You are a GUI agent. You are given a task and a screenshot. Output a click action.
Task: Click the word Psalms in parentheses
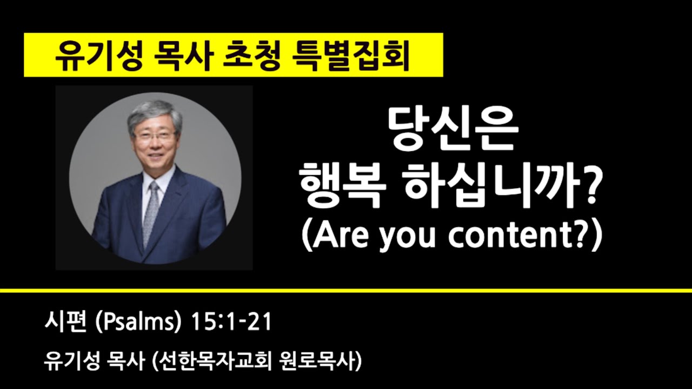(x=137, y=324)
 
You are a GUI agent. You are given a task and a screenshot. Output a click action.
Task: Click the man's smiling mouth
(x=155, y=160)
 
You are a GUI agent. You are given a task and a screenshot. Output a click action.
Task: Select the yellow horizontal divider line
(x=346, y=291)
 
